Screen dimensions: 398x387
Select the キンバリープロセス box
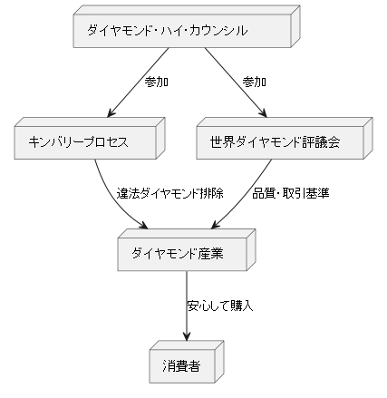[82, 142]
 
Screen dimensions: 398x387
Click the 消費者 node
[182, 366]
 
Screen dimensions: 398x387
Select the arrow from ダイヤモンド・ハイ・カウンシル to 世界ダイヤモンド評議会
[234, 82]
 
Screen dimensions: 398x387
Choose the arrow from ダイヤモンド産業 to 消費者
[187, 304]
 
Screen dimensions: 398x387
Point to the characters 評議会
[322, 142]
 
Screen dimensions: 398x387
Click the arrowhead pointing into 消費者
[187, 336]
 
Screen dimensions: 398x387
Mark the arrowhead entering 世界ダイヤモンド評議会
[262, 112]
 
